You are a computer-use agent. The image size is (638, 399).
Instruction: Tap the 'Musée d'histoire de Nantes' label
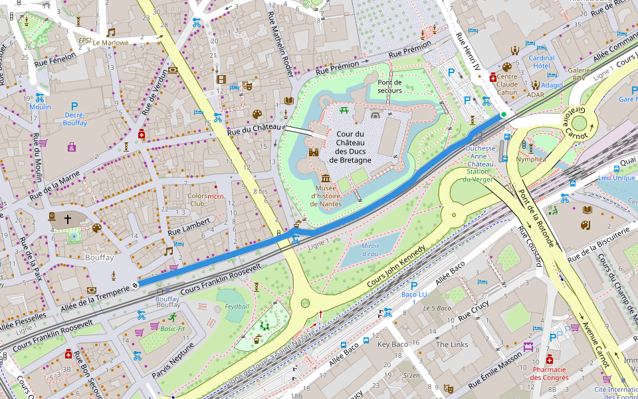pos(326,196)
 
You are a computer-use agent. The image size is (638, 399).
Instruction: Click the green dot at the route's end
pos(504,115)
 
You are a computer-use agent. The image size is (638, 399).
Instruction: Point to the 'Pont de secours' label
pos(390,86)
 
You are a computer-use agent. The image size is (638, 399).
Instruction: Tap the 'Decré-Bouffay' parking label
pos(74,118)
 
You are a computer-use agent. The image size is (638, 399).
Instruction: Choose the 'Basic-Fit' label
pos(173,329)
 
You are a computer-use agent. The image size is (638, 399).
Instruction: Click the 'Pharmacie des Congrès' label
pos(549,374)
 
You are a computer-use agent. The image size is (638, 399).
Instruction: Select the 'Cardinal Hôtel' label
pos(542,62)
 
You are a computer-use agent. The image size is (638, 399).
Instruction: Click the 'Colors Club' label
pos(198,200)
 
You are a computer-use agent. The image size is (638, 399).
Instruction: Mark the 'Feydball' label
pos(237,307)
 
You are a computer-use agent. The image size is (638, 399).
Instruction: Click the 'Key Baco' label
pos(392,344)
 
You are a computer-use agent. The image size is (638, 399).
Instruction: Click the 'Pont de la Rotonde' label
pos(532,207)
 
